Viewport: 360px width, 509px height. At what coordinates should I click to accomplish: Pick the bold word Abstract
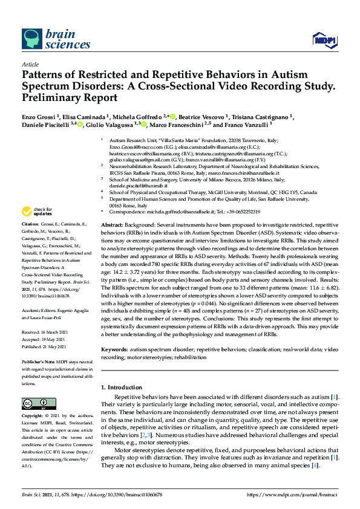(x=113, y=224)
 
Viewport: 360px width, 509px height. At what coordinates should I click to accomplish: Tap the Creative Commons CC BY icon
(x=36, y=403)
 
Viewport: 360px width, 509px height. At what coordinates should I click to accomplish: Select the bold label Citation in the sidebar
(x=31, y=239)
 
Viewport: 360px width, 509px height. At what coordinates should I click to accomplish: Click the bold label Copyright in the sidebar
(x=34, y=417)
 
